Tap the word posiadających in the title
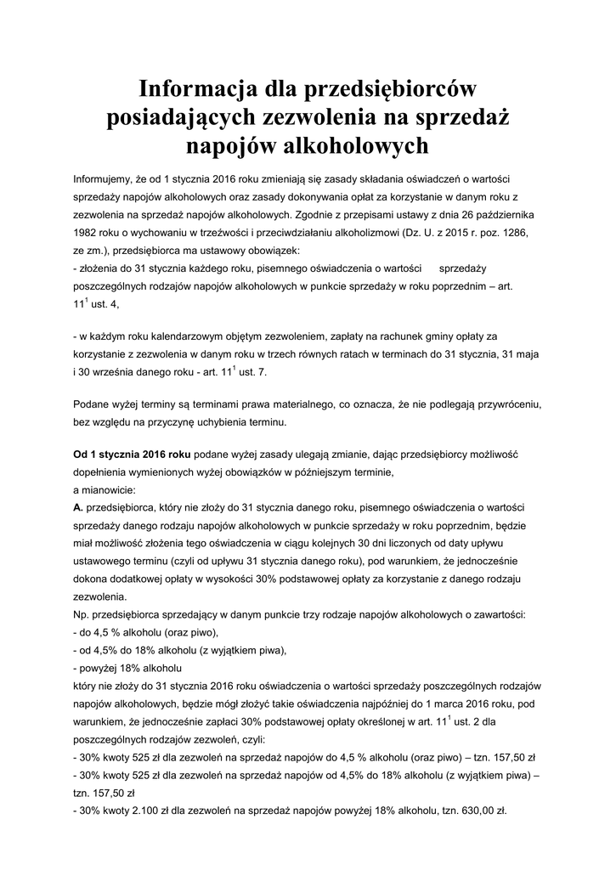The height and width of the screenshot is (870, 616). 187,117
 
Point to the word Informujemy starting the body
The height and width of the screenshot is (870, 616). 105,179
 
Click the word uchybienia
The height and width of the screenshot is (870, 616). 235,422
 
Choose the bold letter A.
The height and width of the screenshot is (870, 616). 77,506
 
